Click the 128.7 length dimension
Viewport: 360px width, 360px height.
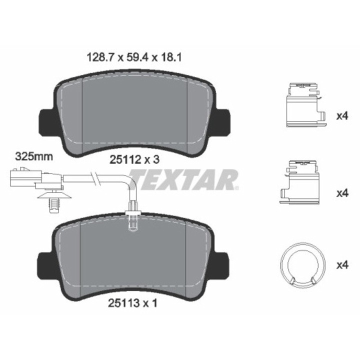(x=100, y=57)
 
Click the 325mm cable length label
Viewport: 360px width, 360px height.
(x=34, y=156)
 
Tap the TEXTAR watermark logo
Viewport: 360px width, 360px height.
(x=183, y=180)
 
